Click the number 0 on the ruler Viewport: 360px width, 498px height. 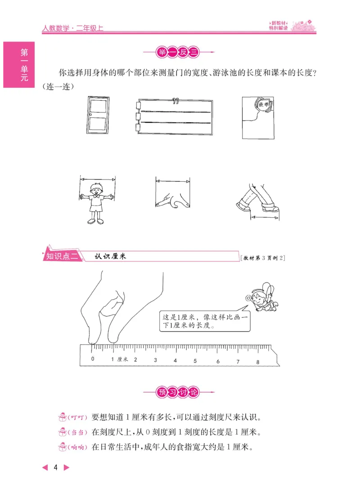[x=93, y=359]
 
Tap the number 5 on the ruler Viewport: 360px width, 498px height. [x=195, y=361]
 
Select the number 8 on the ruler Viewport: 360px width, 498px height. [x=258, y=362]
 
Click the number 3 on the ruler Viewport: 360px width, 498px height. [x=155, y=360]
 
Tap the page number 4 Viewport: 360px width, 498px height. [x=56, y=468]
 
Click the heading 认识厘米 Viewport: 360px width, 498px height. [x=111, y=256]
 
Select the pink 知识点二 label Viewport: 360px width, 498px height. [x=62, y=256]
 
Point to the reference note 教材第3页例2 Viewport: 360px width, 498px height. [x=263, y=258]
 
